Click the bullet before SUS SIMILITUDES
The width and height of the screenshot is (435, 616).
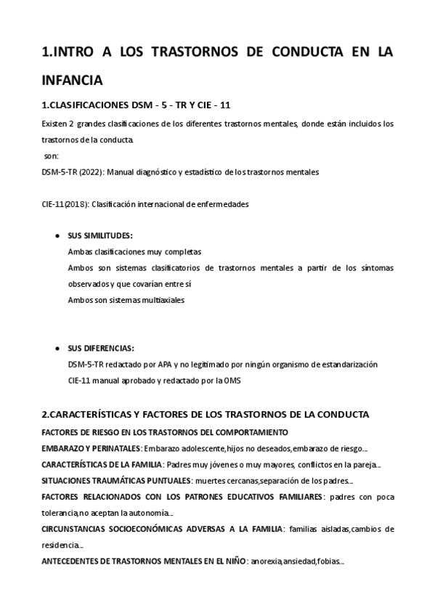coord(57,236)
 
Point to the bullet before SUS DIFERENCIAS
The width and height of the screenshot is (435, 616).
coord(57,348)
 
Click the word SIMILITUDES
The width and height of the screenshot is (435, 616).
coord(108,236)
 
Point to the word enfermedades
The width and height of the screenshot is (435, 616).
coord(224,204)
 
